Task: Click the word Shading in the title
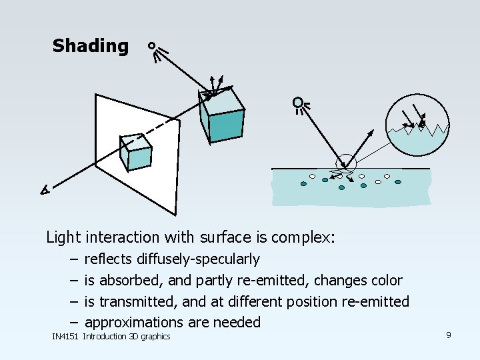(90, 46)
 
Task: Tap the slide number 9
(449, 335)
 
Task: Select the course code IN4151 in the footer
(65, 337)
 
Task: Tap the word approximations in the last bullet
(134, 323)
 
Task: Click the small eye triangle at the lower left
(44, 191)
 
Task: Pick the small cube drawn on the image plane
(135, 153)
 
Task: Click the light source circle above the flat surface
(297, 102)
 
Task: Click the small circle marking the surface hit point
(346, 163)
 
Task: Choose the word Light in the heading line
(63, 237)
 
